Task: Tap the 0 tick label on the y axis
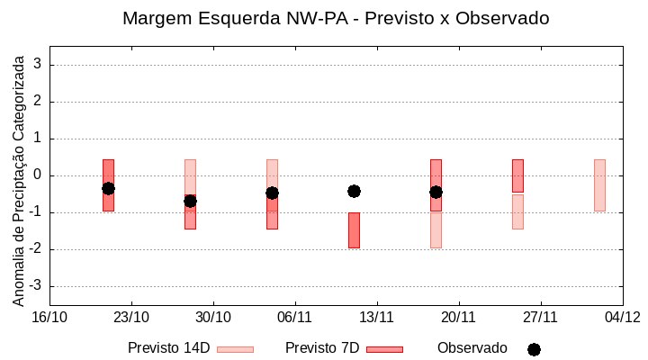tap(38, 175)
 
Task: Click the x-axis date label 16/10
tap(49, 317)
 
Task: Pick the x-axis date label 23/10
tap(131, 317)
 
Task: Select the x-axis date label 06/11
tap(295, 317)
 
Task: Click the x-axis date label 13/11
tap(377, 317)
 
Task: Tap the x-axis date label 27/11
tap(541, 317)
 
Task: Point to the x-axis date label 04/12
tap(622, 317)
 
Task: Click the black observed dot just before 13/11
tap(354, 191)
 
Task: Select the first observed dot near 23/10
tap(108, 188)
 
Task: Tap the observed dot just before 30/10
tap(190, 201)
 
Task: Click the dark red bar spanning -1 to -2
tap(354, 230)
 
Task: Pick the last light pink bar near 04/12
tap(599, 185)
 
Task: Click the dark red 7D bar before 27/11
tap(517, 175)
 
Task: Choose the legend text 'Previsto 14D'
tap(168, 348)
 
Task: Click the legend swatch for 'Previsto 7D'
tap(384, 349)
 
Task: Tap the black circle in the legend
tap(534, 349)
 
